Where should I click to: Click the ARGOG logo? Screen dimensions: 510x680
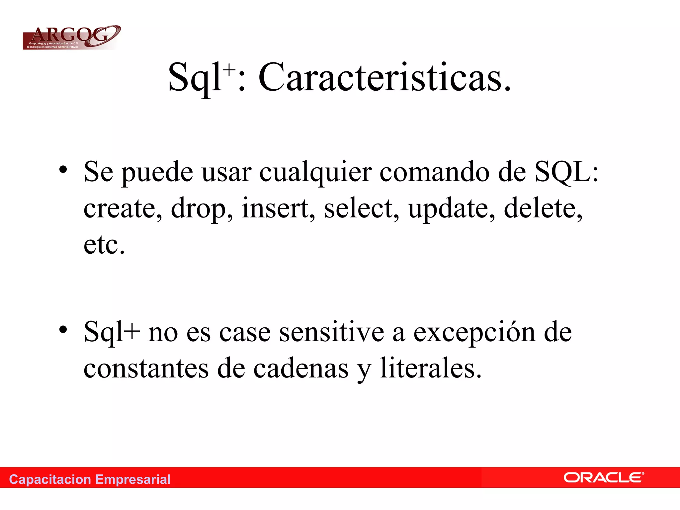tap(71, 37)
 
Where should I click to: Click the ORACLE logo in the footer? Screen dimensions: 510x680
tap(604, 478)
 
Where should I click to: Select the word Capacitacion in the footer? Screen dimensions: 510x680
tap(50, 479)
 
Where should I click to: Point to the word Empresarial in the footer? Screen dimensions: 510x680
tap(133, 479)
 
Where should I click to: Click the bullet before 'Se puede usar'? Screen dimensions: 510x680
tap(63, 170)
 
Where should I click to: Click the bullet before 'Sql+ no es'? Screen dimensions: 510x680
tap(63, 329)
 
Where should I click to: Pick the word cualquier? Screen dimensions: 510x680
tap(315, 173)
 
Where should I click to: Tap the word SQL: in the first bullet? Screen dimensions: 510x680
tap(566, 172)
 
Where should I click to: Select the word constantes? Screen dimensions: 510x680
tap(146, 369)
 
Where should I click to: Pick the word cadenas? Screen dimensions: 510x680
tap(301, 369)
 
